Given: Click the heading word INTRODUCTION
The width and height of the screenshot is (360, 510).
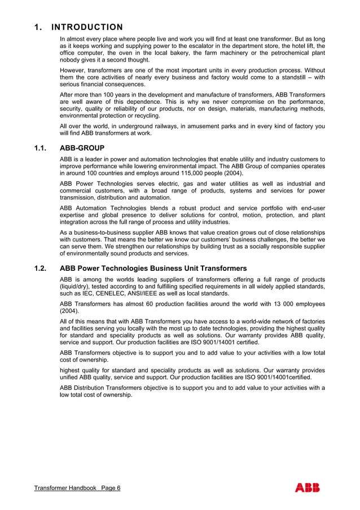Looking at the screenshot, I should point(87,27).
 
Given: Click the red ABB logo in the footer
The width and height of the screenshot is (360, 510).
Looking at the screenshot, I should point(307,488).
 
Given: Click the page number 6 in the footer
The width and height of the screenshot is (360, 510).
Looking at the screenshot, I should point(118,488).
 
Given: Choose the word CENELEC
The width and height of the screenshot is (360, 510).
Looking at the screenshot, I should point(107,293).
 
